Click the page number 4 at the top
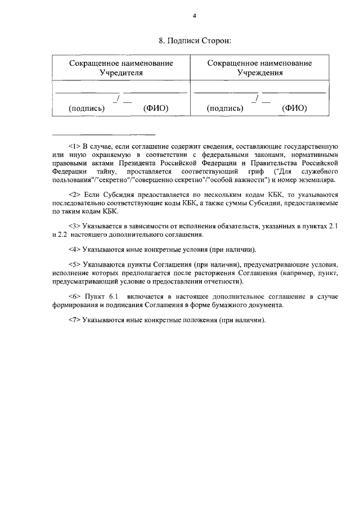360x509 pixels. (x=194, y=16)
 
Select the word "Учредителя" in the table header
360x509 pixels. (x=121, y=73)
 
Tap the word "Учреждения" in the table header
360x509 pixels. (x=259, y=73)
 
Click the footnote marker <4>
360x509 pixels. (x=75, y=248)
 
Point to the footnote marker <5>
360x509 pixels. (x=75, y=264)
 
